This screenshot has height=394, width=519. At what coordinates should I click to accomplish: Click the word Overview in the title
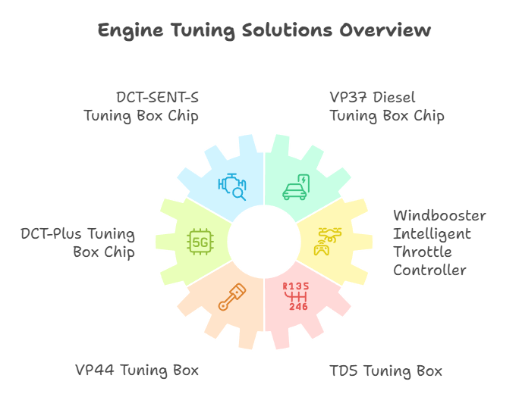(385, 30)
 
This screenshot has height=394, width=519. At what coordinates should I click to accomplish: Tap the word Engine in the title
(131, 31)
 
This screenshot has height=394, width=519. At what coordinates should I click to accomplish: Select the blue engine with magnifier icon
(232, 186)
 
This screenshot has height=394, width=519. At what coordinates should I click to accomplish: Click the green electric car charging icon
(296, 187)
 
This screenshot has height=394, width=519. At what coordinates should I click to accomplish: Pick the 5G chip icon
(200, 242)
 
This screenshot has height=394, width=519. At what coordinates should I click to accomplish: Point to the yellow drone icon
(330, 234)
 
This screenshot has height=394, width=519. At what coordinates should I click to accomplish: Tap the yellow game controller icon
(322, 249)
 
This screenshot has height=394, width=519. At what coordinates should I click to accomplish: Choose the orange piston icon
(232, 297)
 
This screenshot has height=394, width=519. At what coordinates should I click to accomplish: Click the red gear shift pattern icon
(296, 296)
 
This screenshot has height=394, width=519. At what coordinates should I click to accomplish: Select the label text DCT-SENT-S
(157, 97)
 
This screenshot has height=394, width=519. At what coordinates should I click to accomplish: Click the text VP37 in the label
(348, 97)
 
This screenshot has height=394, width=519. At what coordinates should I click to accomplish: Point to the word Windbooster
(439, 215)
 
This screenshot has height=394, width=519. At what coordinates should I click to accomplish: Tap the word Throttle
(423, 252)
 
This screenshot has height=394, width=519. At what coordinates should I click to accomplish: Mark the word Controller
(429, 270)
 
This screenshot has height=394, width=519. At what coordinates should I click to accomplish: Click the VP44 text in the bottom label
(95, 370)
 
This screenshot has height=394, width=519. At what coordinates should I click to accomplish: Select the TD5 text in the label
(344, 371)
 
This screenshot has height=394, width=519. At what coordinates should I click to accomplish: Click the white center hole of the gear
(264, 242)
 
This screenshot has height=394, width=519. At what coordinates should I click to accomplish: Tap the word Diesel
(394, 97)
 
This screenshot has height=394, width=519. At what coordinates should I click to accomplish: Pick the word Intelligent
(432, 234)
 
